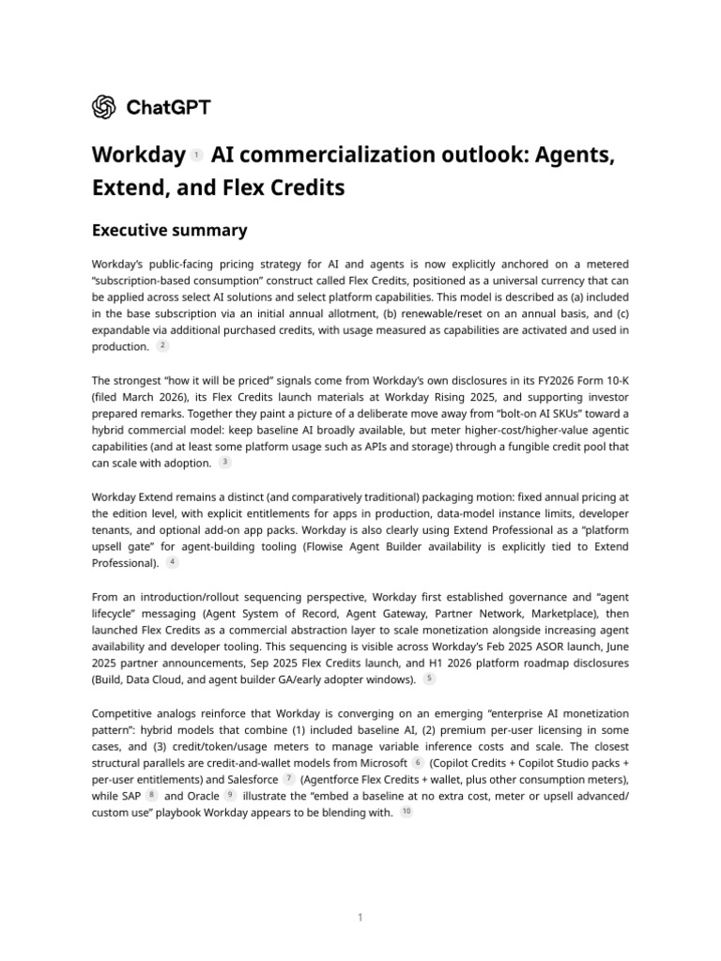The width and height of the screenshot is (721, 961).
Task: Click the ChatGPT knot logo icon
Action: pos(104,107)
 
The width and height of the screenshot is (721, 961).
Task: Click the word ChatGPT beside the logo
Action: pos(168,107)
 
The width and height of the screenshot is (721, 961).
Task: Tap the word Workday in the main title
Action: pos(138,154)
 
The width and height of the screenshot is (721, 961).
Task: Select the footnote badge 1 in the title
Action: pos(196,155)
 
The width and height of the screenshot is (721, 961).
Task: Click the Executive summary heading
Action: pos(169,230)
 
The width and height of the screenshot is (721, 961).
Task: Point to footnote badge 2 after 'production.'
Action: pos(162,346)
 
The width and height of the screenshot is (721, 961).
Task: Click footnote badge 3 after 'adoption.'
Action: pos(225,463)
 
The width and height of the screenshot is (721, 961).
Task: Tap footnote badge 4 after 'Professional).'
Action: pos(173,562)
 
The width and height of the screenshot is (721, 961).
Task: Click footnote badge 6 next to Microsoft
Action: pos(418,762)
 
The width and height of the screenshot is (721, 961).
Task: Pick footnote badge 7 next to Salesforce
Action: pos(289,779)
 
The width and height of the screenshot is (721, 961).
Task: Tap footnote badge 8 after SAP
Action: pos(152,796)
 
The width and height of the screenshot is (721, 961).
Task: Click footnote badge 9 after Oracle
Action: pos(230,796)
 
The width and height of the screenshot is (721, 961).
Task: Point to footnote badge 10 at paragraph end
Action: pos(407,813)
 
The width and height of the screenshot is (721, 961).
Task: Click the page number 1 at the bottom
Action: pos(360,918)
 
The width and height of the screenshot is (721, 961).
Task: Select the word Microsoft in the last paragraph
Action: pos(376,763)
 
